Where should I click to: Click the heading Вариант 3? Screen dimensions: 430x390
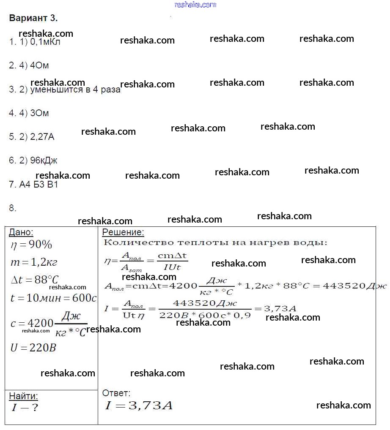coord(33,19)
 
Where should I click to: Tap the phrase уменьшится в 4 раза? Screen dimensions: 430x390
coord(75,90)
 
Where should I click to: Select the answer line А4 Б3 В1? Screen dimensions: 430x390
coord(33,185)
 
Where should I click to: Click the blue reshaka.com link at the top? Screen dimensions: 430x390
coord(195,5)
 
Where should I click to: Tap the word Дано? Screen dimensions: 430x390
coord(21,232)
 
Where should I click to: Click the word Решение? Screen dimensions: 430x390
coord(123,232)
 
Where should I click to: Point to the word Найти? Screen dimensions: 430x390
coord(23,396)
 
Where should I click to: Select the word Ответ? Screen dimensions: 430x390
coord(116,393)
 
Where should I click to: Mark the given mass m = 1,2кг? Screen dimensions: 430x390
coord(33,262)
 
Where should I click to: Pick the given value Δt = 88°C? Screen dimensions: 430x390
coord(34,280)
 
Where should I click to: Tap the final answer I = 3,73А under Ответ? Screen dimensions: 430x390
coord(139,406)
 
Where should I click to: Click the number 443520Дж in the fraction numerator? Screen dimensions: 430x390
coord(205,304)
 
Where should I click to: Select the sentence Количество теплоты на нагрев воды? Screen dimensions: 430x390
coord(215,243)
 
